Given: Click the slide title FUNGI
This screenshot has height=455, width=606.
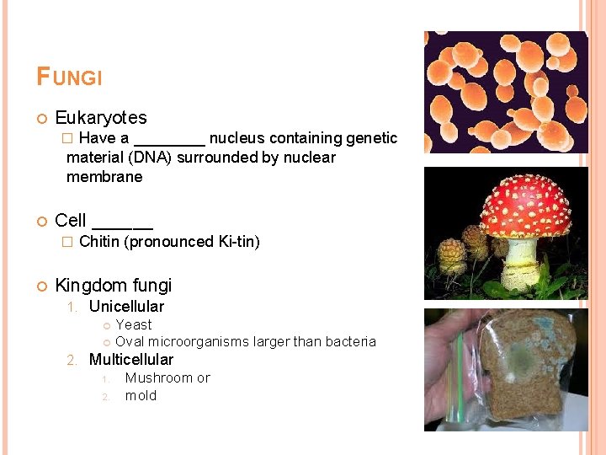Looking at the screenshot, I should coord(69,78).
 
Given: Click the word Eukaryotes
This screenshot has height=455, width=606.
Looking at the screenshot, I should coord(100,118).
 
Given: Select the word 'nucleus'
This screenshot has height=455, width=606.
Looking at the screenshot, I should coord(237,138).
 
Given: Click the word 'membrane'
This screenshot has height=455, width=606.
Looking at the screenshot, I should coord(104,177).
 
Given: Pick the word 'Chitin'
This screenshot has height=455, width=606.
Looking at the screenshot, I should coord(99,242).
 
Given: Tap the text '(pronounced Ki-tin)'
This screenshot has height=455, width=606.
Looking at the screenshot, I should coord(192,242).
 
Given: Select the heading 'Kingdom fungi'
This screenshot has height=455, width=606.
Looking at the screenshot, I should coord(113,285).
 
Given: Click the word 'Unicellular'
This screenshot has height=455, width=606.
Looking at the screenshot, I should coord(126,307).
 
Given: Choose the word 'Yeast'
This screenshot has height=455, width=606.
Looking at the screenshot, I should coord(134,324).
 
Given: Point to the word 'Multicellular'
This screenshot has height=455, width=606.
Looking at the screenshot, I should coord(130,360).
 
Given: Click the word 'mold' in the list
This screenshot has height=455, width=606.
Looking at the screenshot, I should coord(141,395).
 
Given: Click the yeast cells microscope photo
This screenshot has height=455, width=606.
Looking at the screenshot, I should coord(504,92).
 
